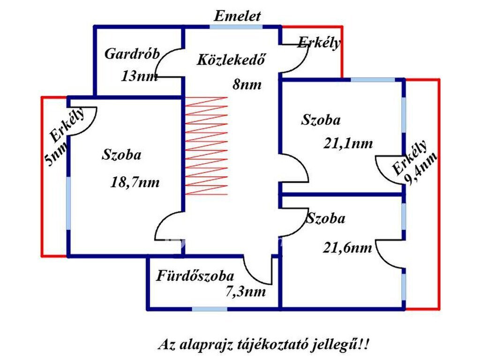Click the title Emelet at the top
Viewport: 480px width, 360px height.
tap(237, 16)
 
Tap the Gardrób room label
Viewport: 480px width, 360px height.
tap(132, 54)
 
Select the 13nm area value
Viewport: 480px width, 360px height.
tap(139, 76)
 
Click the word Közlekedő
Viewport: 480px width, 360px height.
tap(231, 59)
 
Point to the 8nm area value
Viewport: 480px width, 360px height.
tap(247, 84)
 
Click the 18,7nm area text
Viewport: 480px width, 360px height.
tap(135, 183)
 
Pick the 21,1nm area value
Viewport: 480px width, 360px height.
tap(348, 143)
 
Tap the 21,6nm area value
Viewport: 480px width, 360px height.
tap(347, 247)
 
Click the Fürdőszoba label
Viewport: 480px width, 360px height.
tap(195, 276)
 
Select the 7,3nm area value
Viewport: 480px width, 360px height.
tap(246, 292)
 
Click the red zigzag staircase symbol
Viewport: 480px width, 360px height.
tap(207, 146)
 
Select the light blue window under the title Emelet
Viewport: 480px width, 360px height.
tap(236, 27)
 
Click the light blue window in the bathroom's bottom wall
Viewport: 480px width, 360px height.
tap(210, 308)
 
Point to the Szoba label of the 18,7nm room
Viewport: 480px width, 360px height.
tap(121, 155)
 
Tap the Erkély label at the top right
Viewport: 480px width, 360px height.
tap(319, 42)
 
